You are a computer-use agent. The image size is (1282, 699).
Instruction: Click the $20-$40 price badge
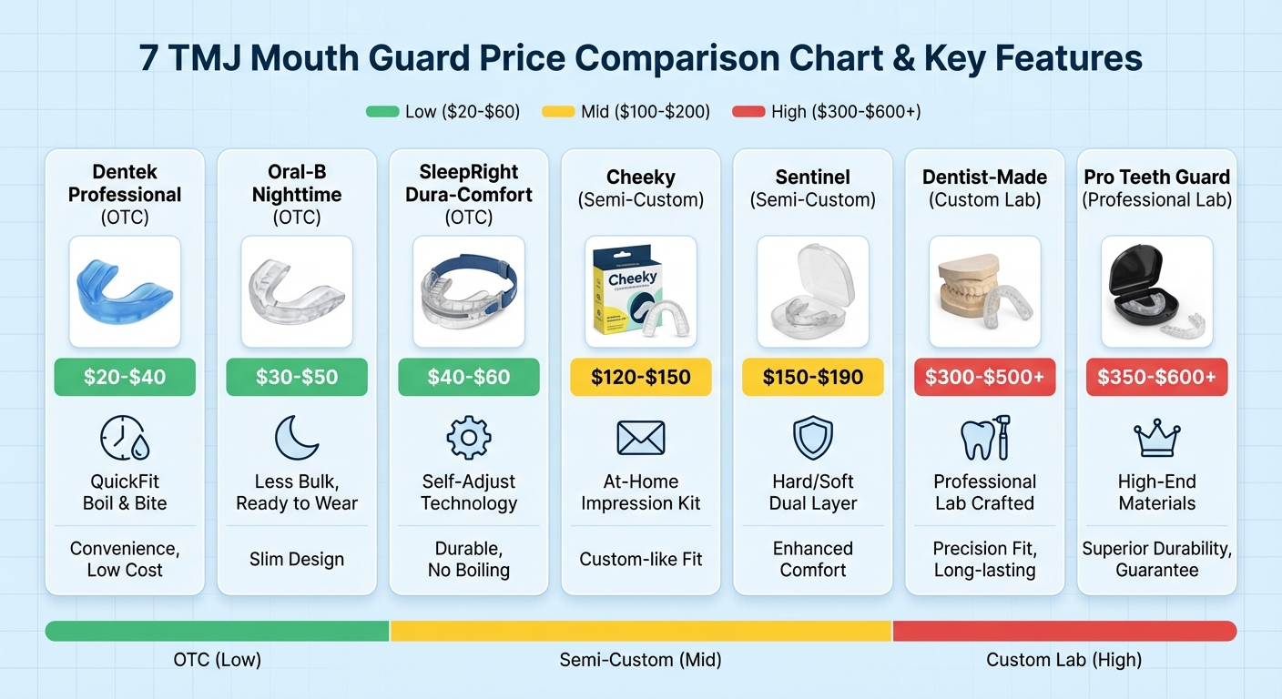click(125, 377)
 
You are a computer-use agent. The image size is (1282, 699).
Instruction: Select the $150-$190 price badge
click(812, 377)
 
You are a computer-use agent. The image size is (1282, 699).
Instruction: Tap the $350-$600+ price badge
click(1156, 377)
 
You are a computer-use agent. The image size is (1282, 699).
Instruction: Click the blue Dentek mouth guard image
click(124, 291)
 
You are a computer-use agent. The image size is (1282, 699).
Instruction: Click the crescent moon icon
click(297, 438)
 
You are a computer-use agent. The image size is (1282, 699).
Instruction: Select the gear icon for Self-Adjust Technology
click(469, 438)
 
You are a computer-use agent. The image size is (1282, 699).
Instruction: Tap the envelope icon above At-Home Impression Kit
click(640, 438)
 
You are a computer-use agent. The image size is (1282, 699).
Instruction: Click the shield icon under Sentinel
click(812, 438)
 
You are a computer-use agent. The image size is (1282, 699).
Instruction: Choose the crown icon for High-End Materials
click(1156, 438)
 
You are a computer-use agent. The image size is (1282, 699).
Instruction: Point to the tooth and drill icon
click(984, 438)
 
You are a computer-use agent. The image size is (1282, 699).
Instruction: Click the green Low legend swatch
click(382, 112)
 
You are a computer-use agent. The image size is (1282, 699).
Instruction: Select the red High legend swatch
click(748, 112)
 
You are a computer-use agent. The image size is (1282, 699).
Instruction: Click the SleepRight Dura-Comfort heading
click(469, 183)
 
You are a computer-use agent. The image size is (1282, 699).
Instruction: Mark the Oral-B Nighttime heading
click(297, 183)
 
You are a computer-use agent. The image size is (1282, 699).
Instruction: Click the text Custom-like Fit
click(640, 559)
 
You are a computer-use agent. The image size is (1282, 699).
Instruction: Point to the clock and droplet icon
click(125, 438)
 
